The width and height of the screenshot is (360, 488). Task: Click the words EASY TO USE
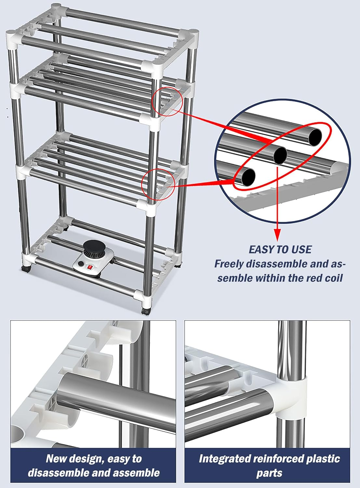pos(280,250)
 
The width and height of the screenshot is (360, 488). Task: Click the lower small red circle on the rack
pos(159,184)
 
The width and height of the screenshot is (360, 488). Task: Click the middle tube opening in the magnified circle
pos(280,156)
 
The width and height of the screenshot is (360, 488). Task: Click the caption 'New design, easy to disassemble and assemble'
pos(93,466)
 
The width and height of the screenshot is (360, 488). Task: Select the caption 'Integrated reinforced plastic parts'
pos(269,466)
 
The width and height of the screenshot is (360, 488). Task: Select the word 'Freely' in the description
pos(229,264)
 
